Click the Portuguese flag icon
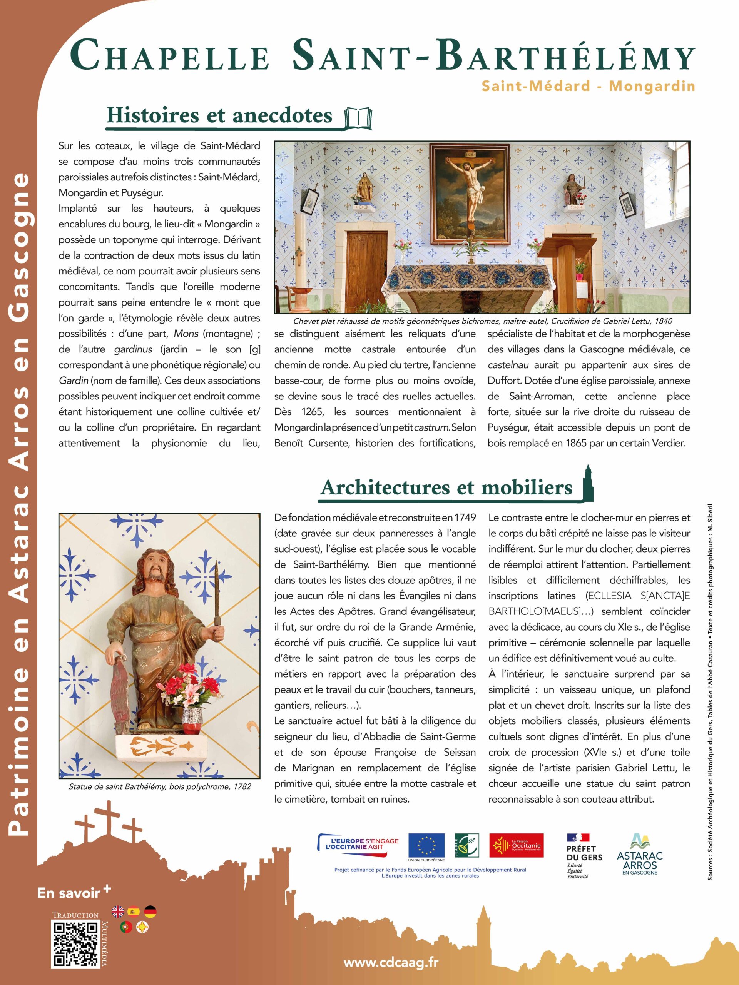[126, 927]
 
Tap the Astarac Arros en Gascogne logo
[640, 854]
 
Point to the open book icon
[358, 117]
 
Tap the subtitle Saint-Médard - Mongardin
[588, 86]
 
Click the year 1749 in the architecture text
[465, 518]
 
